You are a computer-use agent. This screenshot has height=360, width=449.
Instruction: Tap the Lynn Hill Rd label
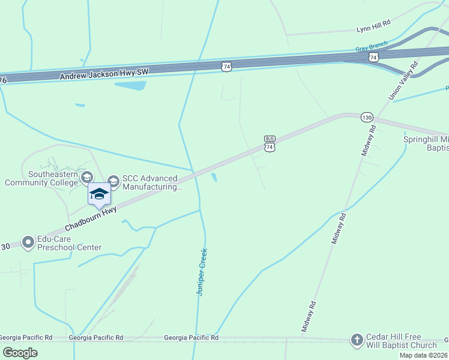tap(373, 28)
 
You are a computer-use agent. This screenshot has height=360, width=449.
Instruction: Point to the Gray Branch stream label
tap(371, 47)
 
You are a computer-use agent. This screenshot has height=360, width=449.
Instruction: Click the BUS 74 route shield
tap(270, 144)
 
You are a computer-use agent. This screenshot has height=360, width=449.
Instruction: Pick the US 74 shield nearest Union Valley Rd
tap(373, 57)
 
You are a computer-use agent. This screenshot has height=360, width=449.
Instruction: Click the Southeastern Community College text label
tap(41, 178)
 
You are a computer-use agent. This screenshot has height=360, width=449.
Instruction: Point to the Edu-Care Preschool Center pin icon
tap(28, 242)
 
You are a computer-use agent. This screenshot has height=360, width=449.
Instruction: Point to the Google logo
tap(20, 352)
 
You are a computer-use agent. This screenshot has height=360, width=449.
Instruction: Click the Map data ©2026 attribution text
tap(424, 355)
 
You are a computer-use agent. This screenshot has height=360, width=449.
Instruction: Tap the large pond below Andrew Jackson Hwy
tap(130, 85)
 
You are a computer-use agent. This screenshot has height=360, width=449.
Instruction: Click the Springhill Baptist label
tap(426, 143)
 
